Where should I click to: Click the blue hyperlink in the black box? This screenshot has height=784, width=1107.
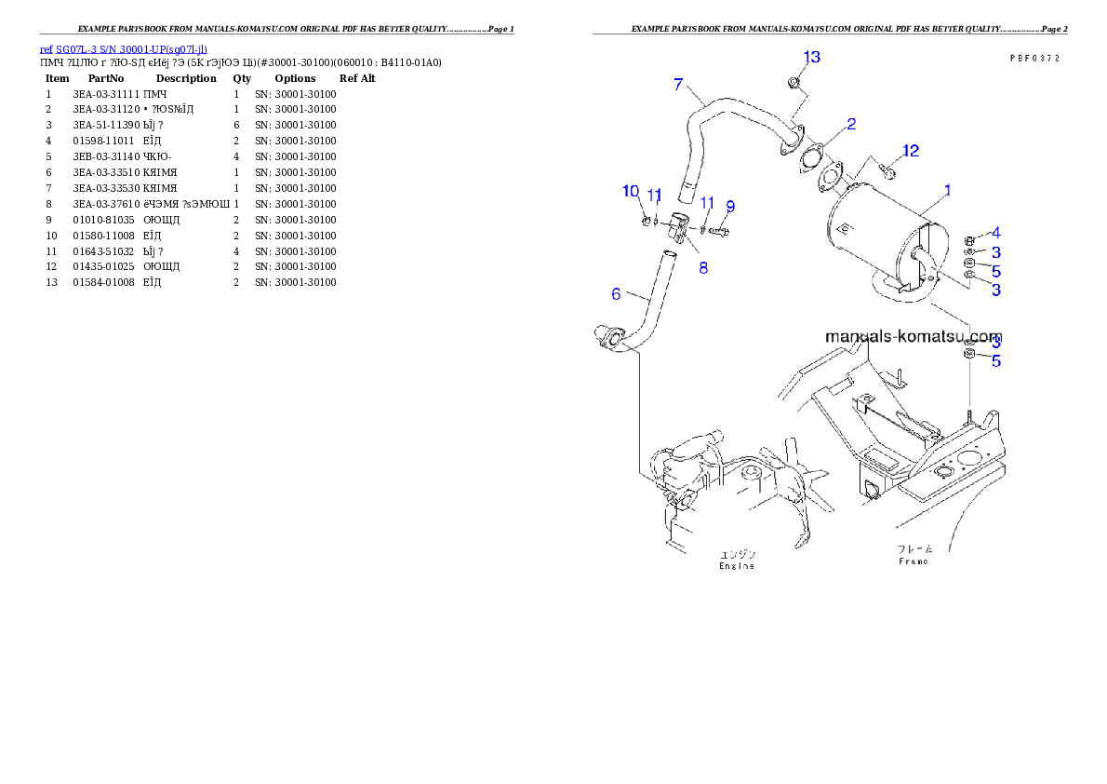123,49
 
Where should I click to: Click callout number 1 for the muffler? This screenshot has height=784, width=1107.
947,190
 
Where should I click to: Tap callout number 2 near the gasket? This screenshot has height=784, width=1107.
850,123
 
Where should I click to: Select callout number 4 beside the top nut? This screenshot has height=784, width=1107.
995,232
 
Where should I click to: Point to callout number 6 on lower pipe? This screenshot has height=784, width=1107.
616,294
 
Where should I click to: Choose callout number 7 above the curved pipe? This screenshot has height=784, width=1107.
678,85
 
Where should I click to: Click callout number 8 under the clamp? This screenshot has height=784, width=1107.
703,267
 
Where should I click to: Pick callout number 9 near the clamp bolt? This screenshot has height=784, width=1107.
730,206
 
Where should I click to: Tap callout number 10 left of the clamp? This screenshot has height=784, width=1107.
631,191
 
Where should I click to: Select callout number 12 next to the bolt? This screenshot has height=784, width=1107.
910,150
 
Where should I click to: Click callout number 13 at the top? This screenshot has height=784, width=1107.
811,58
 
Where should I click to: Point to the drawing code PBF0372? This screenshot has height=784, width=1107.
1034,58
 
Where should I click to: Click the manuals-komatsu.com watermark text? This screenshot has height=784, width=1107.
914,336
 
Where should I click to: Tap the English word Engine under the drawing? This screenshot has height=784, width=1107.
737,566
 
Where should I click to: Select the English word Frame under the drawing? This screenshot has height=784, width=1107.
914,562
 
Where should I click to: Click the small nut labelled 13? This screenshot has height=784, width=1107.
793,84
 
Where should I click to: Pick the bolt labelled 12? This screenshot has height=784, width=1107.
888,171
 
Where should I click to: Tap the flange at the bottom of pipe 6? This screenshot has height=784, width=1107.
608,338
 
